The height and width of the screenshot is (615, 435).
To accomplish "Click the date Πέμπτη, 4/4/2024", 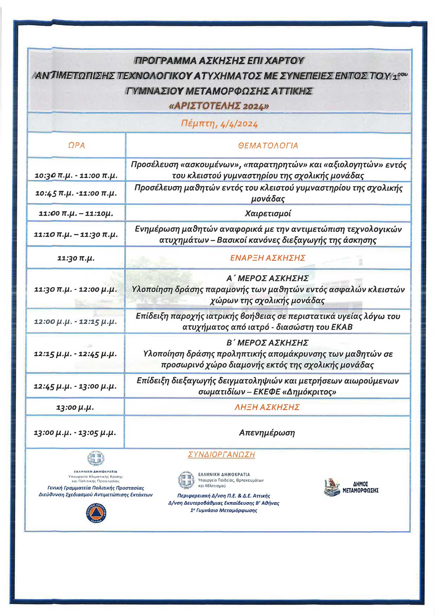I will (x=219, y=124).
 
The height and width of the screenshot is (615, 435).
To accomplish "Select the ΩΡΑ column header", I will (x=76, y=145).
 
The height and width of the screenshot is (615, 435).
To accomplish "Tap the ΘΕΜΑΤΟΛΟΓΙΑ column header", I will (x=268, y=146).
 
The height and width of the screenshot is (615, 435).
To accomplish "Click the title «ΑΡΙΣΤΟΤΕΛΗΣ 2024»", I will (x=219, y=106).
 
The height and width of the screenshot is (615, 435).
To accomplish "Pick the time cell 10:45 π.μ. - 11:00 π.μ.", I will (x=76, y=193).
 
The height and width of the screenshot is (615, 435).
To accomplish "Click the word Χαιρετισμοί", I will (x=268, y=213).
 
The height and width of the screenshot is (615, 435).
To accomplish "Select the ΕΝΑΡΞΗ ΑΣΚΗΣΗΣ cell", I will (x=268, y=258).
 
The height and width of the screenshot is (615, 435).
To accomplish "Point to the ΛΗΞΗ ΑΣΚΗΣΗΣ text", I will (x=267, y=407).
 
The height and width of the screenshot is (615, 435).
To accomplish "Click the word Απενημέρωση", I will (x=267, y=433).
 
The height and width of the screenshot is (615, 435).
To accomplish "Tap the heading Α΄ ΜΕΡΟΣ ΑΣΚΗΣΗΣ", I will (x=268, y=278).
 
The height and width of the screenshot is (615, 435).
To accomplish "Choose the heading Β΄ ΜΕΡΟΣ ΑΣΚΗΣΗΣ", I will (x=268, y=343).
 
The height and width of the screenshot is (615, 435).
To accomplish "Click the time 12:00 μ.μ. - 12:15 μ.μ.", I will (x=75, y=322).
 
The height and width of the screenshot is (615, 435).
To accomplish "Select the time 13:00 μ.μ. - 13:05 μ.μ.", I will (x=75, y=433).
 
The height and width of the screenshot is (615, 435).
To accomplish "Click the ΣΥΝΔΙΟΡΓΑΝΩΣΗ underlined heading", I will (x=221, y=454).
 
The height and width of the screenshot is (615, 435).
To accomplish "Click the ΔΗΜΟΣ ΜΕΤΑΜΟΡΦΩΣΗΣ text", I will (x=360, y=487).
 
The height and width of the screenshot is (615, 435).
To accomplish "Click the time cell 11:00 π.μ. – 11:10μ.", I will (x=76, y=213).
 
